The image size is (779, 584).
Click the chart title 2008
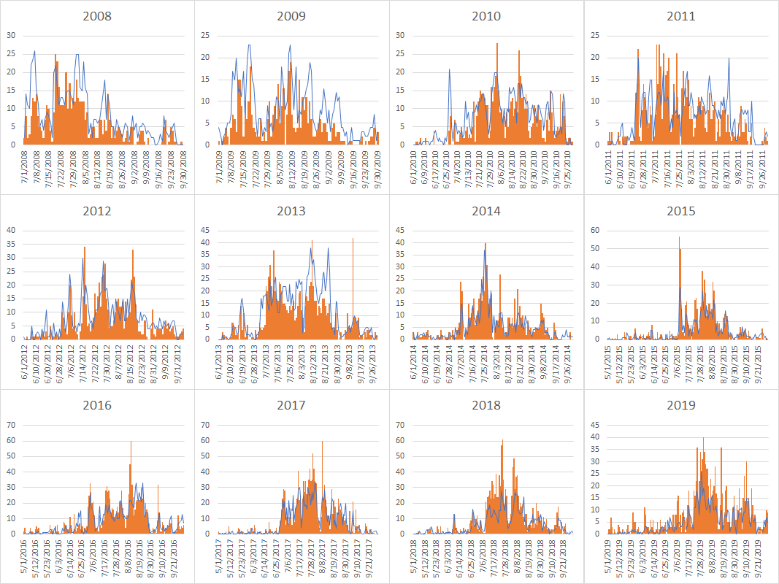[97, 16]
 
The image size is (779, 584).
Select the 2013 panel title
[291, 212]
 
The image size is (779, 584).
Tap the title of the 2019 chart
[680, 405]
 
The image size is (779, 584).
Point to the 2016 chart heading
[97, 405]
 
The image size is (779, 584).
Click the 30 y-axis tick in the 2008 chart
[10, 35]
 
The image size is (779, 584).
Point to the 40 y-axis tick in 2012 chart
[10, 230]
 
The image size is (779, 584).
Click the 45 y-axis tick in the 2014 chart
[400, 230]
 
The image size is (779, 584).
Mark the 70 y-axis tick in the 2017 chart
[205, 423]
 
